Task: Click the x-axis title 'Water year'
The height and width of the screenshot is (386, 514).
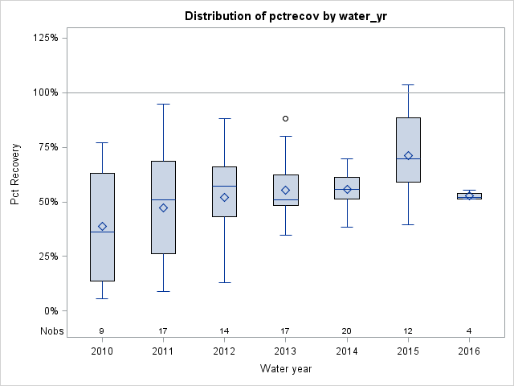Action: pos(286,369)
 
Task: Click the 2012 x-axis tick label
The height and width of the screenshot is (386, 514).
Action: pos(224,351)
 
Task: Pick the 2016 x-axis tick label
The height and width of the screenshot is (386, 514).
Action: pos(469,351)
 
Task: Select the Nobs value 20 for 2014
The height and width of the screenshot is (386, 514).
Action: pos(347,331)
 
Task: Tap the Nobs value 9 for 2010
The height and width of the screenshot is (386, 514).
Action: pos(102,331)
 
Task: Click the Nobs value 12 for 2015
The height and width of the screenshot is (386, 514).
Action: pos(408,331)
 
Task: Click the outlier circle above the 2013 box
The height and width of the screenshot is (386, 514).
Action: pos(285,118)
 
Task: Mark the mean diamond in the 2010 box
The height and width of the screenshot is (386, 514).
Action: pos(102,226)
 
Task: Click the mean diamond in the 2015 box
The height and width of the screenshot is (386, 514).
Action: pos(408,155)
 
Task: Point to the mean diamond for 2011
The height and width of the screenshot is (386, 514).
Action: pos(163,207)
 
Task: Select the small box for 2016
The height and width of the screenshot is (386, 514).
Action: pos(469,195)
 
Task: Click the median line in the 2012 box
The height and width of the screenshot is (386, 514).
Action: pos(224,186)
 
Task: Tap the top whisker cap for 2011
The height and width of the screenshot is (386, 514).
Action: pos(163,104)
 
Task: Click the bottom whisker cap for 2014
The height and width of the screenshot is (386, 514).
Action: pos(347,227)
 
